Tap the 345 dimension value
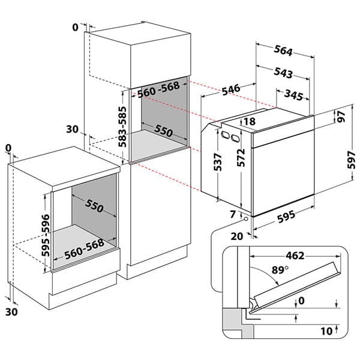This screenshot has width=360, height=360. coord(293,95)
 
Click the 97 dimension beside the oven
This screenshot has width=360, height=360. coord(341,117)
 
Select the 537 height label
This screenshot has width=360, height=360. coord(217,160)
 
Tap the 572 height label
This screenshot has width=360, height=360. coord(241,158)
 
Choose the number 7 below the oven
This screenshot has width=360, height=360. coord(233,214)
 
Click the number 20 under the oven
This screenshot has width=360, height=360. coord(237,236)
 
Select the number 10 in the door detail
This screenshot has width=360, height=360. coord(325,330)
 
